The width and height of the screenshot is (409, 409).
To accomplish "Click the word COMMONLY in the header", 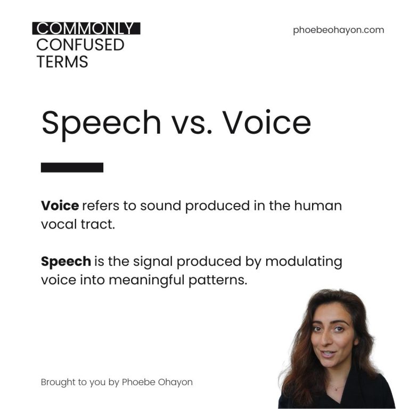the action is click(85, 28).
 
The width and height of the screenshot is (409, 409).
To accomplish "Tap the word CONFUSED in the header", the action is click(80, 45).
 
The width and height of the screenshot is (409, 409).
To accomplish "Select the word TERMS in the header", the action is click(62, 62).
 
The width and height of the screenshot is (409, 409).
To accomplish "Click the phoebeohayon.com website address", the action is click(338, 30).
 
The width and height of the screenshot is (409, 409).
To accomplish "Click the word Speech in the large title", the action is click(101, 123).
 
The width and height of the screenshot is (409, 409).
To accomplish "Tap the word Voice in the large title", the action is click(267, 122).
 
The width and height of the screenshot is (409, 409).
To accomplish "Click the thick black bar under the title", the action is click(72, 167).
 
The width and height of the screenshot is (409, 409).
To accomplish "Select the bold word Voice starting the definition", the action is click(60, 206).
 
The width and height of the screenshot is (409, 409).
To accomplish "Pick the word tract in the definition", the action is click(98, 224).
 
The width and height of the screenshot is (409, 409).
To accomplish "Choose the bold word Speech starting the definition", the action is click(66, 261).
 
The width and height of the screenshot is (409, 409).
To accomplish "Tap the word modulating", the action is click(304, 261).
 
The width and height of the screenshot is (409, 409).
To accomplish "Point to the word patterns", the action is click(218, 281).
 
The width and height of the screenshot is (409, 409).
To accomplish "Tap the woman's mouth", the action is click(328, 354).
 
